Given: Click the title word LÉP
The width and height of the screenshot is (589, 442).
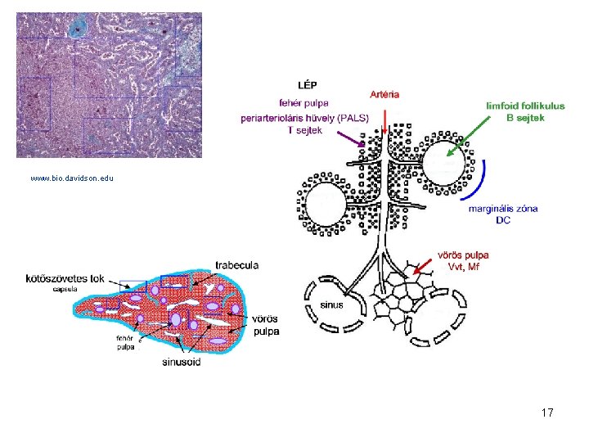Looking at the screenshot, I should tap(308, 84).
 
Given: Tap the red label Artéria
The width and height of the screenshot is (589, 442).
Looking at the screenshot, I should tap(385, 94).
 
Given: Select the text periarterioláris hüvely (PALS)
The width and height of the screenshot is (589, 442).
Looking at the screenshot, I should tap(303, 117).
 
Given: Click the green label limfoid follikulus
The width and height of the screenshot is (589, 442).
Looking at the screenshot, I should tap(525, 106).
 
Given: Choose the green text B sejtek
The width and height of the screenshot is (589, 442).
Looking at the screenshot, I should tap(525, 117).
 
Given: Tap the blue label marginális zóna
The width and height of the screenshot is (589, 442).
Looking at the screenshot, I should tap(503, 209).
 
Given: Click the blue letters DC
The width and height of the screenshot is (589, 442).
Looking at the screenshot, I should tap(503, 220).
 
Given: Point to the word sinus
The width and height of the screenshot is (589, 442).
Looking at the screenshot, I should tap(332, 304).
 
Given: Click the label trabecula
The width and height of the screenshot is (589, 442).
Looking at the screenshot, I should tap(237, 265).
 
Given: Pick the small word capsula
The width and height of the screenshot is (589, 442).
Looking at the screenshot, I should tap(65, 289).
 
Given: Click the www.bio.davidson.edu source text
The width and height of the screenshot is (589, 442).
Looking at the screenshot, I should tap(72, 178).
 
